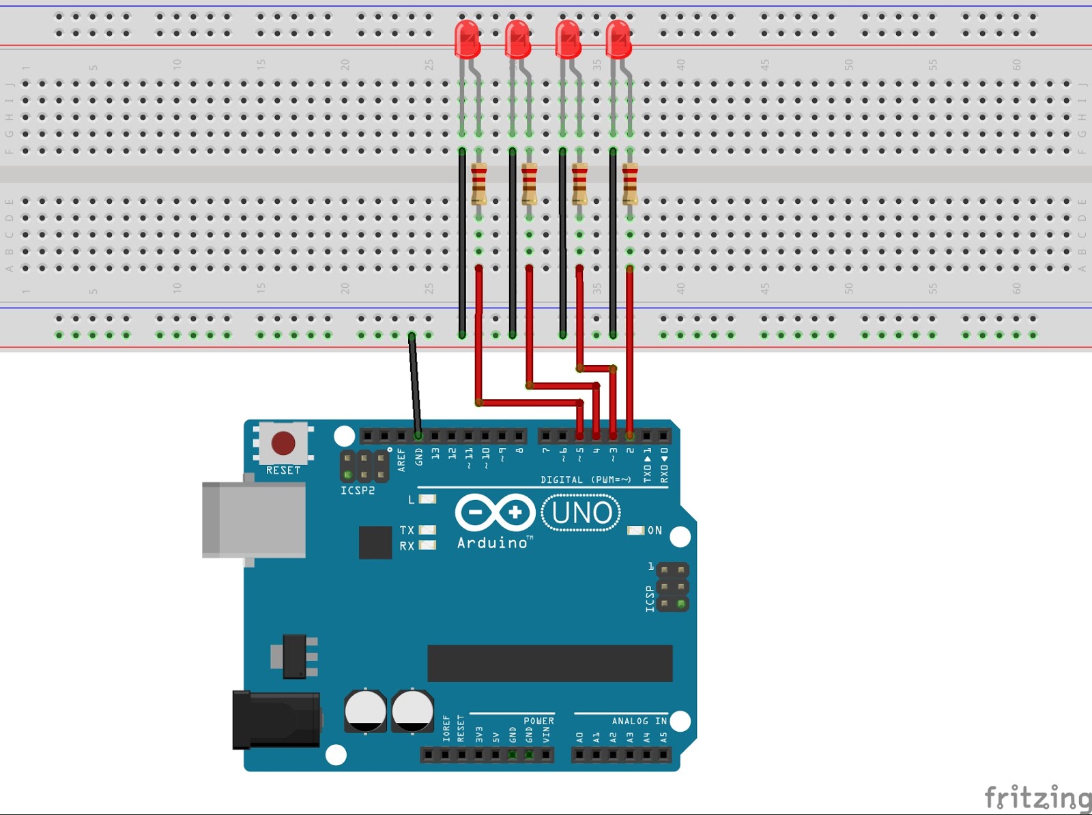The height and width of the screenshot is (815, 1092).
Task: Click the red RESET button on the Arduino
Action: click(x=283, y=443)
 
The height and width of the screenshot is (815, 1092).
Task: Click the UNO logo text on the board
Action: click(x=581, y=513)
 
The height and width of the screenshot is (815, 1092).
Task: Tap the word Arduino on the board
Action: click(x=492, y=543)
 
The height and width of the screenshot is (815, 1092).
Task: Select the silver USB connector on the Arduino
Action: click(x=254, y=520)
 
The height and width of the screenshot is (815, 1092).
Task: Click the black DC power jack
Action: click(x=276, y=720)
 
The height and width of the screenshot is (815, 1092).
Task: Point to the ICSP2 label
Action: click(x=358, y=490)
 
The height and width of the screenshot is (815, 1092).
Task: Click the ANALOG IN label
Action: click(x=639, y=721)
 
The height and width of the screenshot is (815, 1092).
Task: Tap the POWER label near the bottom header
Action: click(x=538, y=721)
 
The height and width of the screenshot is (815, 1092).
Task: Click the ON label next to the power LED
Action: click(x=655, y=530)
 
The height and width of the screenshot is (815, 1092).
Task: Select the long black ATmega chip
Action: click(x=549, y=663)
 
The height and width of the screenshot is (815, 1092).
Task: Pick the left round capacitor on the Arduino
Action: click(x=365, y=711)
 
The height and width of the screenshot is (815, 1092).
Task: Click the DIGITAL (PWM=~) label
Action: click(x=586, y=479)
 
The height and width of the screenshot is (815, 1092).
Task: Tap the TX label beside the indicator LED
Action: click(x=407, y=530)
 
